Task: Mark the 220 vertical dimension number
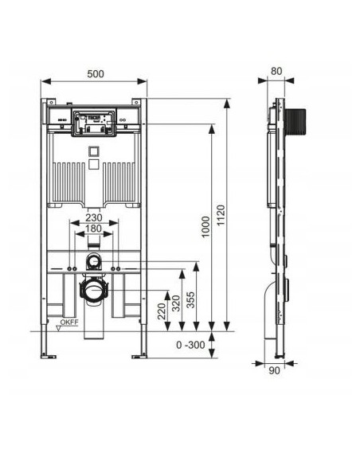pos(161,310)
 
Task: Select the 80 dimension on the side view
pos(276,71)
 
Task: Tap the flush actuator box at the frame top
pos(94,123)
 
